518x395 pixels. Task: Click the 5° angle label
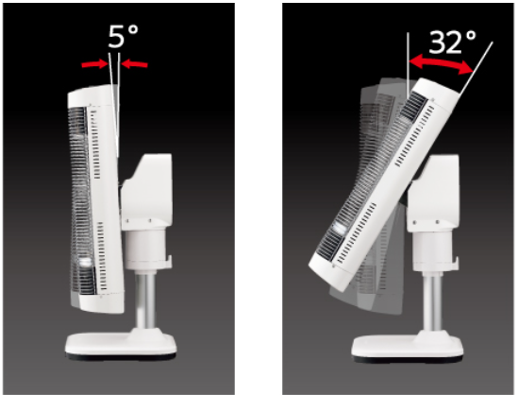pyautogui.click(x=123, y=36)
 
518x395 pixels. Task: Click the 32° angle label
pyautogui.click(x=453, y=42)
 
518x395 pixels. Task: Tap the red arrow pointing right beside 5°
pyautogui.click(x=95, y=64)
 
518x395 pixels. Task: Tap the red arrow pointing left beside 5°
pyautogui.click(x=134, y=64)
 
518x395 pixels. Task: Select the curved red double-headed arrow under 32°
pyautogui.click(x=441, y=62)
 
